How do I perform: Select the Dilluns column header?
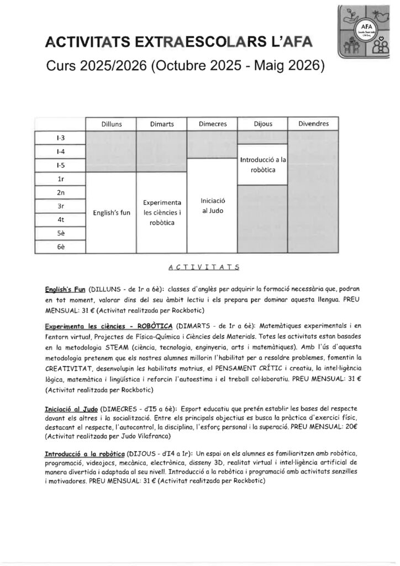[x=112, y=124]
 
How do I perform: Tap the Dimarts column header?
[x=162, y=124]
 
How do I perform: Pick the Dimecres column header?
[x=212, y=124]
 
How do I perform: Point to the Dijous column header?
[x=262, y=124]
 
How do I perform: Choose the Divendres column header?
[x=313, y=124]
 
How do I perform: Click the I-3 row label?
[x=61, y=137]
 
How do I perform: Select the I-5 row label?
[x=61, y=165]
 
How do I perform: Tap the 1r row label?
[x=61, y=179]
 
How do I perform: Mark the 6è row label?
[x=61, y=247]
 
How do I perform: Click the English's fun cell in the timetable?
[x=112, y=213]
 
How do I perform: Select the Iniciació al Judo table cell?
[x=212, y=206]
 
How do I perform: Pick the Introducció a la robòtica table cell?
[x=262, y=164]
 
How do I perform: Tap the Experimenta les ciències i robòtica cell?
[x=162, y=213]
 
